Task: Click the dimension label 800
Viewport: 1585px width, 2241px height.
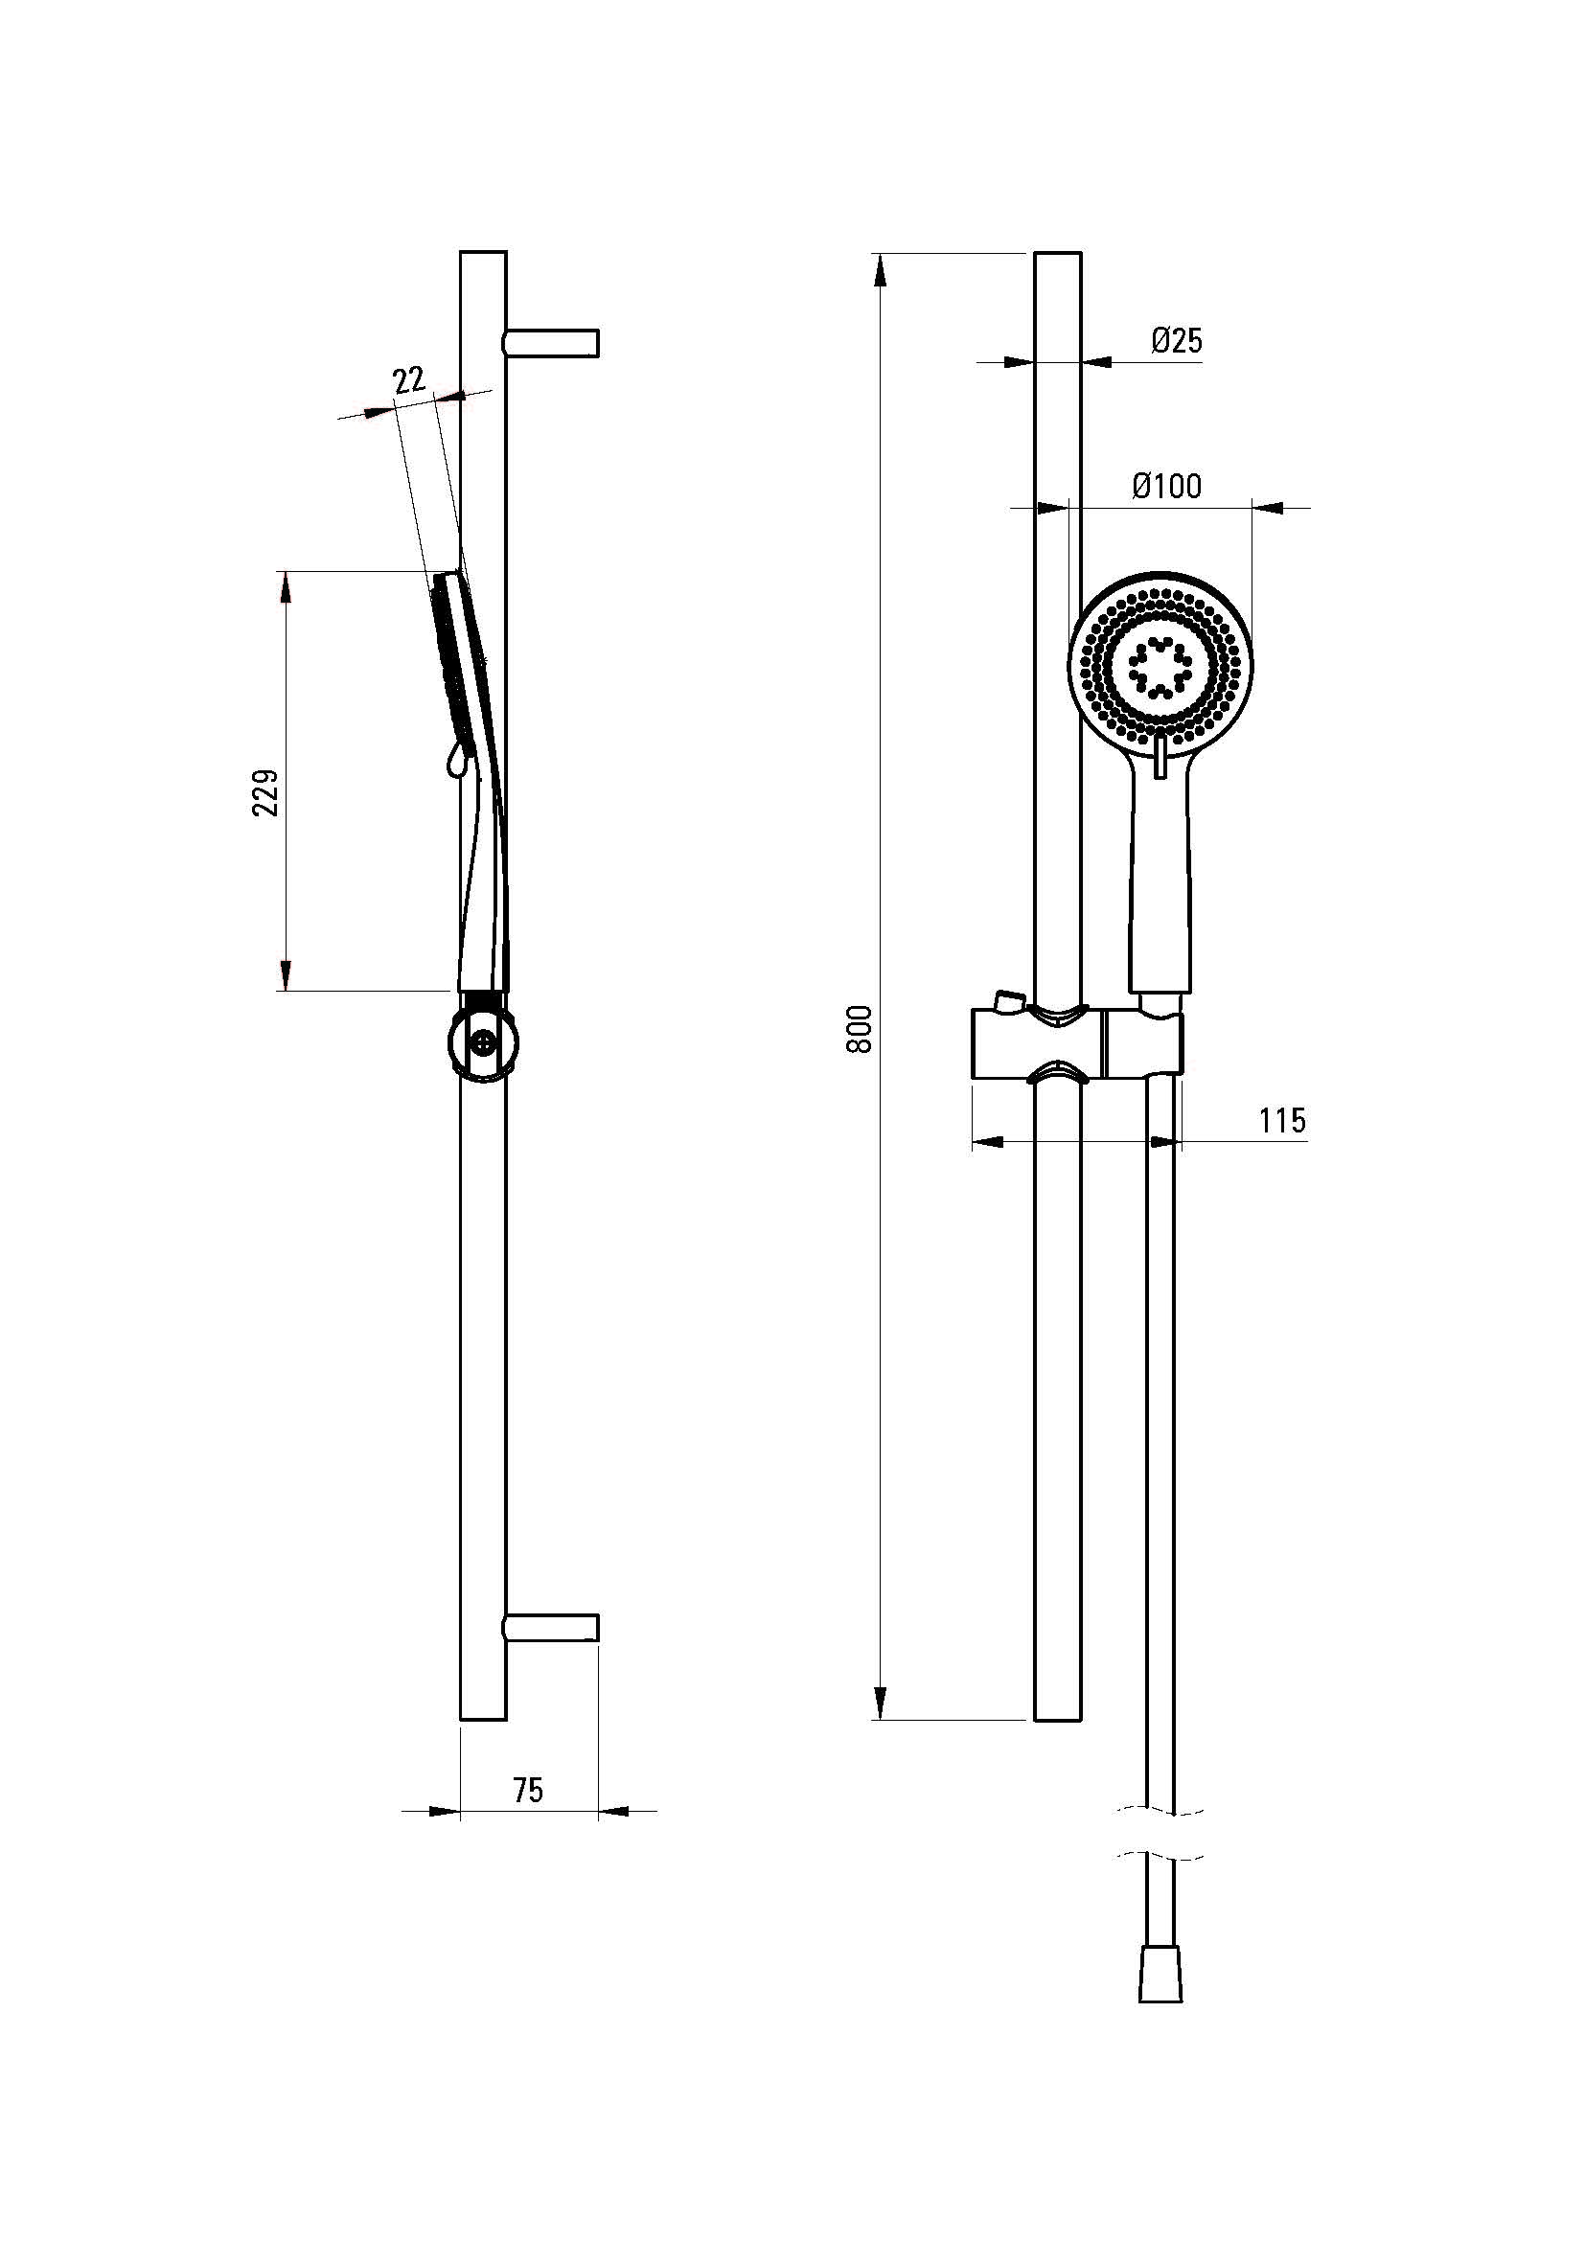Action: click(x=859, y=1029)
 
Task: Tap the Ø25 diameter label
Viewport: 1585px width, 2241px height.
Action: click(x=1176, y=341)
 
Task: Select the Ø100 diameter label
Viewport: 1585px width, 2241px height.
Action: click(x=1166, y=486)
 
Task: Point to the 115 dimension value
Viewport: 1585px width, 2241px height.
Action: click(x=1281, y=1121)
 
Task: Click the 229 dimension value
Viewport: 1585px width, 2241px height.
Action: click(x=265, y=792)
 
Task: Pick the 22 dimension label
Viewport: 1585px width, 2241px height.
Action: click(x=410, y=378)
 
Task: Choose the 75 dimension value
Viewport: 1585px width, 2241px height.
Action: click(x=527, y=1790)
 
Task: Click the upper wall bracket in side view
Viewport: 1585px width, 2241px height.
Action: click(x=550, y=344)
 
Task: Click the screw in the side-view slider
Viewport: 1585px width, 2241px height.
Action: click(x=483, y=1042)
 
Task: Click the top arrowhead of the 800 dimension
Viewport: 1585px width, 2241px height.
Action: click(x=882, y=270)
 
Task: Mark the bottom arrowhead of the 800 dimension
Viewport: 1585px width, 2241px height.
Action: click(x=882, y=1704)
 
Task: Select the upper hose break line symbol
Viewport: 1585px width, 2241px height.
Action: click(x=1160, y=1811)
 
